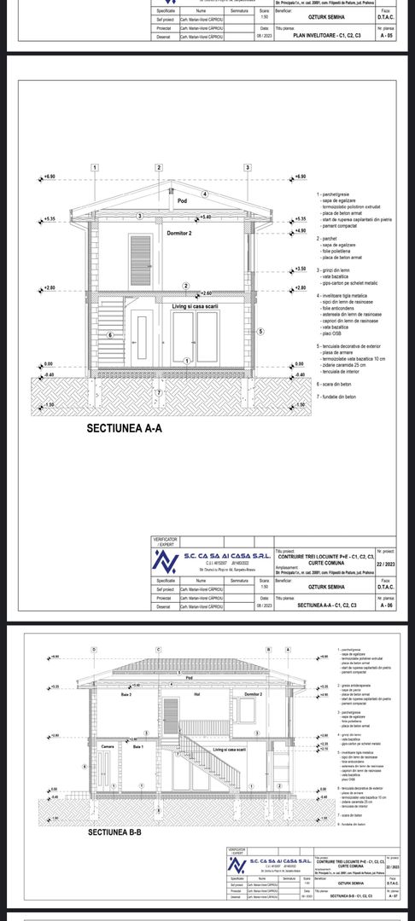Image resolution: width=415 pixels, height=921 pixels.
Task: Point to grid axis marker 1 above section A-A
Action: pos(93,168)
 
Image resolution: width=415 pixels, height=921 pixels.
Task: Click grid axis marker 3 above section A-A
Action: pos(247,168)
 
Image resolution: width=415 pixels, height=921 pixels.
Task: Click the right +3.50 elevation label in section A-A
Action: pos(299,269)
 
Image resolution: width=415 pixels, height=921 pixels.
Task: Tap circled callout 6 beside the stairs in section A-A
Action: pos(111,335)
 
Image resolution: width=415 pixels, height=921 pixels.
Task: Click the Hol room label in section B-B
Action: pos(196,695)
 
